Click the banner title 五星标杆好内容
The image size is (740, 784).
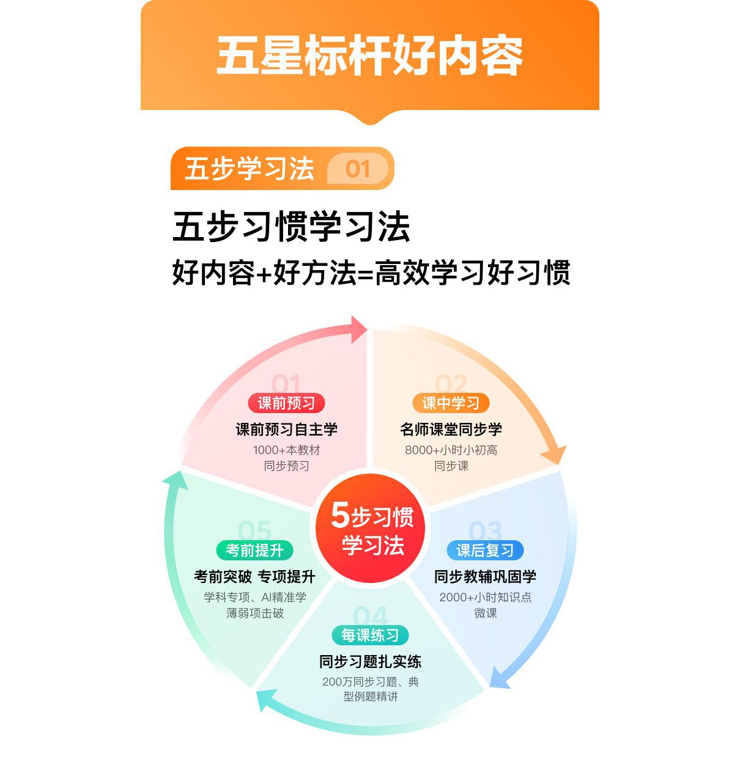click(369, 56)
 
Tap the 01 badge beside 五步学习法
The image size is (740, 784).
click(358, 169)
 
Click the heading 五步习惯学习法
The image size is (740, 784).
click(291, 227)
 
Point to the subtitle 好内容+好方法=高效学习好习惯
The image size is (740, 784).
click(371, 273)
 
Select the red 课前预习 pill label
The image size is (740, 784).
click(286, 403)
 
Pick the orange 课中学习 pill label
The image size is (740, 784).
click(451, 403)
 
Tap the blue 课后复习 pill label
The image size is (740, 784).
click(485, 551)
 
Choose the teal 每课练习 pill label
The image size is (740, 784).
click(370, 636)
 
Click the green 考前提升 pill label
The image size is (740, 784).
click(254, 551)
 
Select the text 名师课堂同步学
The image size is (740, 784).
click(451, 430)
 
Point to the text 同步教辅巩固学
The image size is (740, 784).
click(485, 577)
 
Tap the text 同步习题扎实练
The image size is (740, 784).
click(370, 662)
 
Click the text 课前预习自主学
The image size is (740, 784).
click(286, 430)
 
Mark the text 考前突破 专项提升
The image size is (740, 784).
click(254, 577)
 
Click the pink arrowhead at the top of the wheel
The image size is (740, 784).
click(357, 331)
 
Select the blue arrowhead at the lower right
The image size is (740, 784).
click(500, 678)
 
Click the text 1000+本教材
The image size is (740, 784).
click(286, 450)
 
